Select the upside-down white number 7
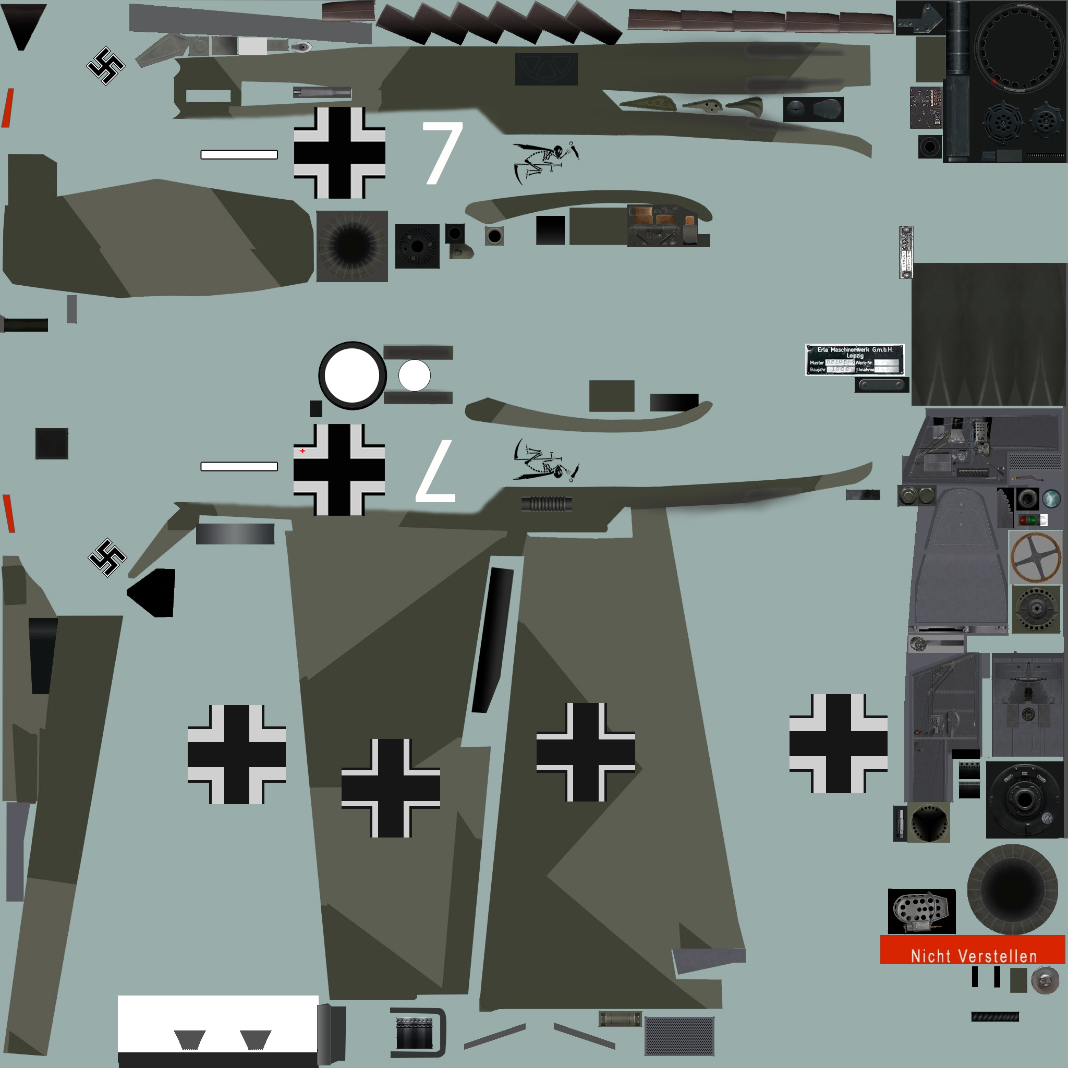[x=436, y=471]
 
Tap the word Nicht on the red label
[x=931, y=956]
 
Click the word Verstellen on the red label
[x=997, y=956]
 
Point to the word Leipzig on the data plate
[x=855, y=356]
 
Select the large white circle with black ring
[x=352, y=376]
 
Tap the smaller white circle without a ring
[x=415, y=375]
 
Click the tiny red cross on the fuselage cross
[x=302, y=451]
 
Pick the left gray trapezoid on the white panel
[x=190, y=1040]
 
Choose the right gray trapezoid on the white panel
[x=256, y=1040]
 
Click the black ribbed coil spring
[x=546, y=504]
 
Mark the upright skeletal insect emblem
[x=545, y=160]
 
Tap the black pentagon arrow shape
[x=153, y=592]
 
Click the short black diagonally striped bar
[x=995, y=1016]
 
